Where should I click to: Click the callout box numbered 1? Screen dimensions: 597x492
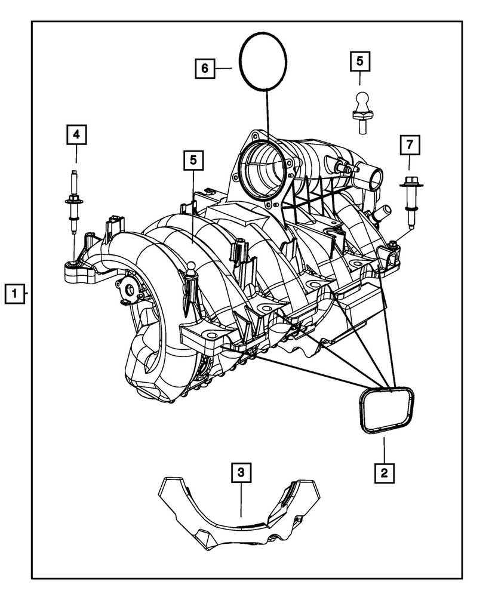point(16,294)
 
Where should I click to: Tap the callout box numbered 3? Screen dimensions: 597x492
point(241,473)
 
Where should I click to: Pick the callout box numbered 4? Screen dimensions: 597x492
point(76,136)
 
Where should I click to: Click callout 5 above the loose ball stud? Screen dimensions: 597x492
point(359,60)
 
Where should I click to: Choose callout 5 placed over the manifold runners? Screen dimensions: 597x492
point(193,159)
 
